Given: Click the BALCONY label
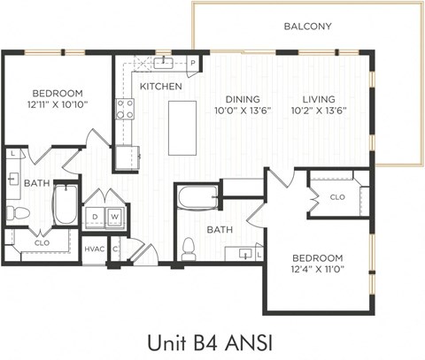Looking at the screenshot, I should point(307,27).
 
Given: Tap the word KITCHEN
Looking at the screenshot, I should point(160,87).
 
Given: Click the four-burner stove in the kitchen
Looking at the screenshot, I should point(126,109).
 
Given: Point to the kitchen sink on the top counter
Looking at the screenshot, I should point(163,62).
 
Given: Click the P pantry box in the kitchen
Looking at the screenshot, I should point(192,64).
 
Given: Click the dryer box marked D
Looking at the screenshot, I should point(95,217).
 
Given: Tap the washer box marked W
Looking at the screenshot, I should point(114,217).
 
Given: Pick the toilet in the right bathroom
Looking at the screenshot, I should point(188,249).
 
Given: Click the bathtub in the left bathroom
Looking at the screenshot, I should point(65,204).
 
